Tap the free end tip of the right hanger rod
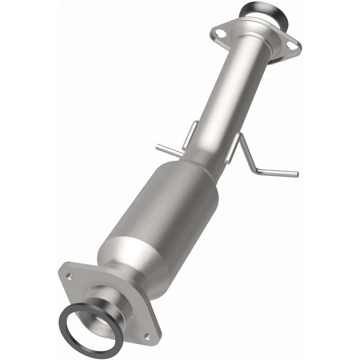pyautogui.click(x=297, y=174)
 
